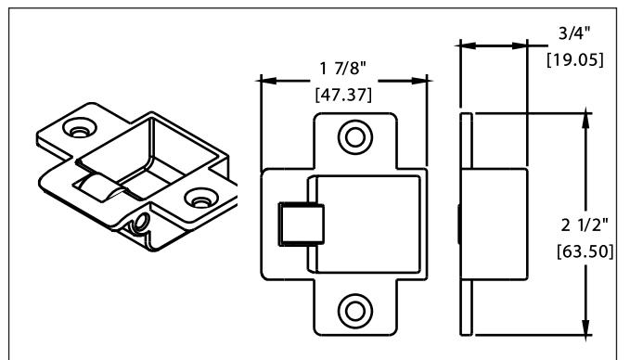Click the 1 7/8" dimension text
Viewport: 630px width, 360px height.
tap(342, 69)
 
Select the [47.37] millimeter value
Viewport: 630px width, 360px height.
tap(343, 95)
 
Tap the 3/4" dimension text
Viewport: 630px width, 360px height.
tap(574, 33)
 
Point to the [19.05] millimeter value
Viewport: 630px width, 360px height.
tap(575, 59)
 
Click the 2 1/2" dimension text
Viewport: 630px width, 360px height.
tap(585, 225)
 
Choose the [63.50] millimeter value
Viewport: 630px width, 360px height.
tap(585, 251)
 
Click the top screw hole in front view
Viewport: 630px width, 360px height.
tap(355, 137)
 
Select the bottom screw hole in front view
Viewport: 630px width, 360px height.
tap(355, 311)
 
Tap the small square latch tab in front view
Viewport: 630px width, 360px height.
tap(302, 225)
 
